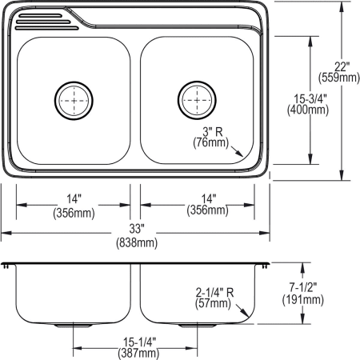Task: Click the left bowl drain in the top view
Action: pyautogui.click(x=73, y=100)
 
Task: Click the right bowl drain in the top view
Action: pyautogui.click(x=195, y=100)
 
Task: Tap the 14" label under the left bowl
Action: pyautogui.click(x=73, y=200)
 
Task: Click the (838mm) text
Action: pyautogui.click(x=134, y=242)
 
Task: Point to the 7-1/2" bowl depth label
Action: pyautogui.click(x=302, y=286)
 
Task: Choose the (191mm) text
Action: pyautogui.click(x=302, y=300)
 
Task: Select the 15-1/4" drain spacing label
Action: pyautogui.click(x=134, y=339)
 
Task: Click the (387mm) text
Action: pyautogui.click(x=134, y=353)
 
